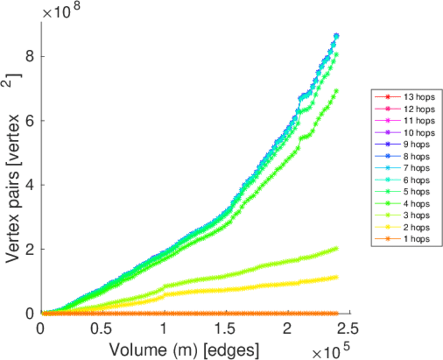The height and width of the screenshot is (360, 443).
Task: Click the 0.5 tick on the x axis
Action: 102,328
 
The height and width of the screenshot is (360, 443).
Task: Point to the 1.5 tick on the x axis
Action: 225,328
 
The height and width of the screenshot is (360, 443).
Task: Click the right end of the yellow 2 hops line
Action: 336,277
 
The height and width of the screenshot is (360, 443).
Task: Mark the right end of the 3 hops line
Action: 336,248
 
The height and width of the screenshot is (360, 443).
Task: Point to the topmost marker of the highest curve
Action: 336,36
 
